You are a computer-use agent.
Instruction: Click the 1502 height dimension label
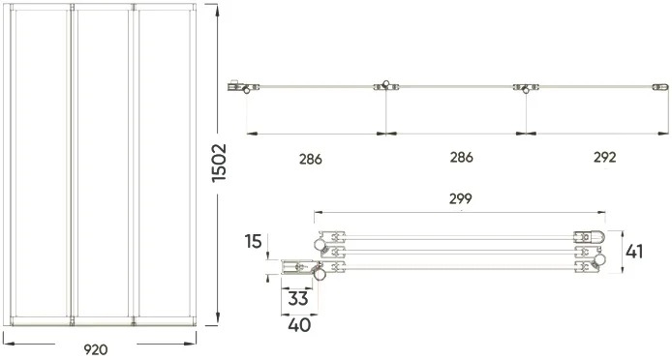point(219,163)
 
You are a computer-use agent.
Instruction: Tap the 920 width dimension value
point(96,349)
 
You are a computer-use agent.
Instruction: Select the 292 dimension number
point(605,158)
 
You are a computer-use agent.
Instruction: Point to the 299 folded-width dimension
point(461,198)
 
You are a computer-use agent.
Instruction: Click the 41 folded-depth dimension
point(634,252)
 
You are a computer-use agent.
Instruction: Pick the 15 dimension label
point(254,242)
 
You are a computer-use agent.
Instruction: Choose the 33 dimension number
point(298,299)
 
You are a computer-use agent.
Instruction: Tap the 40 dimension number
point(299,325)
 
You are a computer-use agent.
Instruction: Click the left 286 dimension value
point(310,160)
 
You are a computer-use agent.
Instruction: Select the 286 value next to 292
point(461,158)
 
